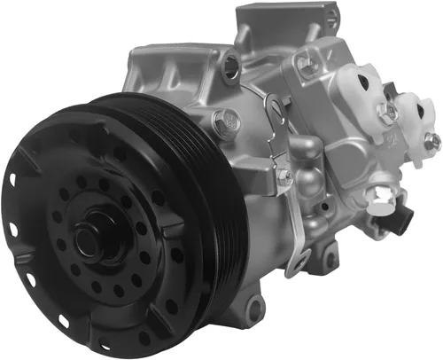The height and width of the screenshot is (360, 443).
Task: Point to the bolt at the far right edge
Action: (x=431, y=139)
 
